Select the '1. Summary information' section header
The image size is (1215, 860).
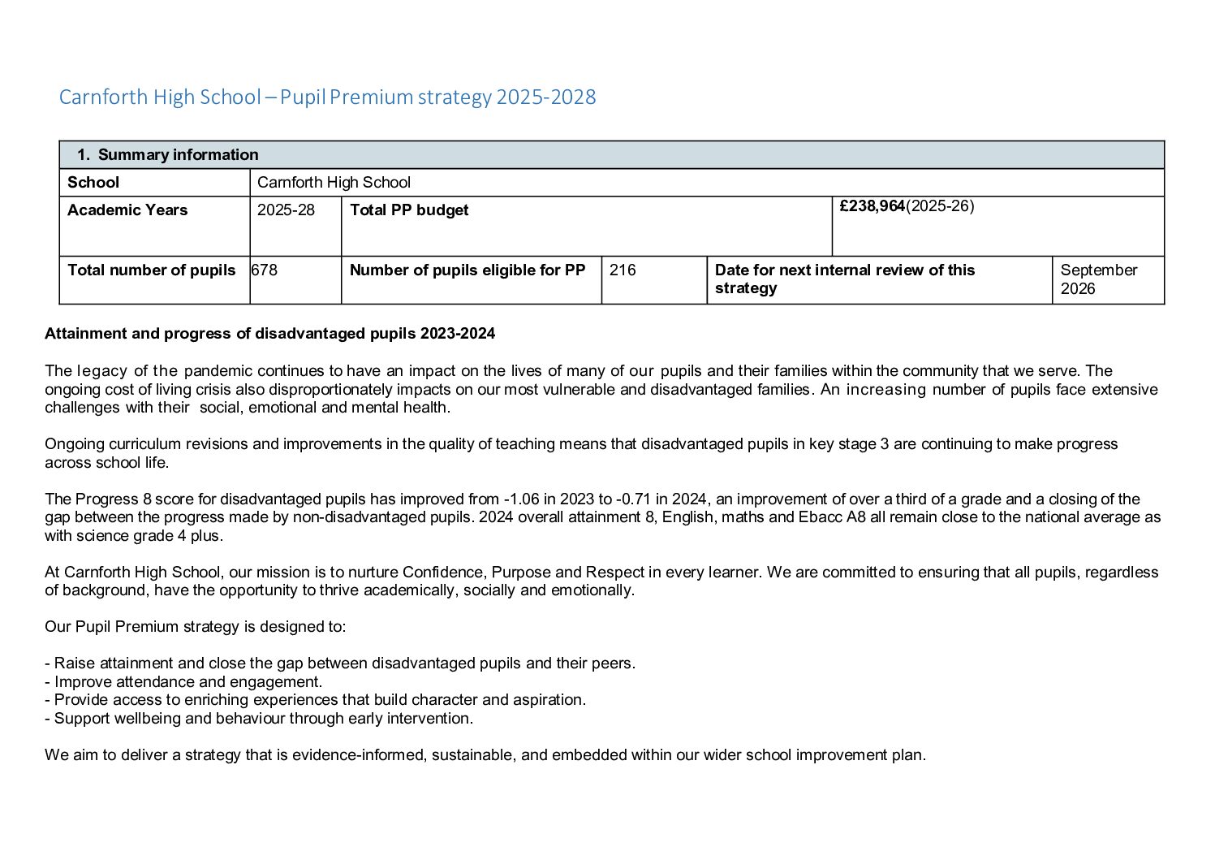168,154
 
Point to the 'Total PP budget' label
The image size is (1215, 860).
409,210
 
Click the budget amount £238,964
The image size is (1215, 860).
872,206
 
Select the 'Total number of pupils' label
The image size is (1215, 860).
151,270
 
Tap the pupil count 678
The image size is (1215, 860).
265,270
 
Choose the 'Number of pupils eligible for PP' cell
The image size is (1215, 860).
467,270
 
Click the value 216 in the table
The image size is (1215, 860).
623,270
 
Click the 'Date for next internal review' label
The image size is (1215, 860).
844,279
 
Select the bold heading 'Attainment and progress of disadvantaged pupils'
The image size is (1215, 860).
269,333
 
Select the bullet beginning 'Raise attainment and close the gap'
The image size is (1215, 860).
340,663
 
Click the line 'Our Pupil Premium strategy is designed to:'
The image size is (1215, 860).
195,626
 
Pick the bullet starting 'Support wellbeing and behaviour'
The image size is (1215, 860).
259,718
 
